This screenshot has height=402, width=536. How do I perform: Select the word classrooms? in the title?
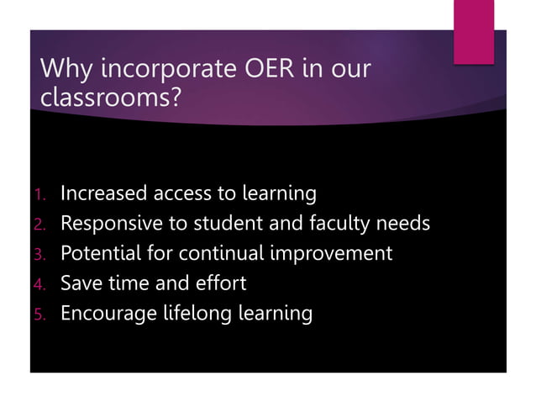point(110,99)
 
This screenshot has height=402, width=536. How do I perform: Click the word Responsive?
point(113,225)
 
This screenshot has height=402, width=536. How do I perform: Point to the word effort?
point(217,283)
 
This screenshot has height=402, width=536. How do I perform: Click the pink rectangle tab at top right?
point(475,31)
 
